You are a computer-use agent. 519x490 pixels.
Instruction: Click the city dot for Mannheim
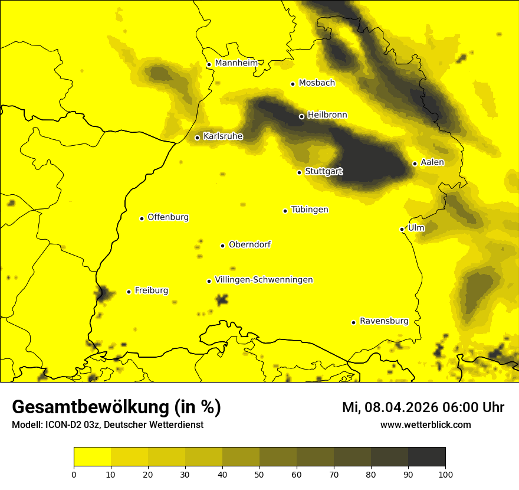coord(209,65)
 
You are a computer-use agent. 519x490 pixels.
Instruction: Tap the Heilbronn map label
coord(327,115)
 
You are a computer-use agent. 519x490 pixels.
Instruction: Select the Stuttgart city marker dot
coord(299,172)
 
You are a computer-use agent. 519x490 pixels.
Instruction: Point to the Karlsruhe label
coord(223,136)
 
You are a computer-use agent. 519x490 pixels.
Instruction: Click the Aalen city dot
coord(415,164)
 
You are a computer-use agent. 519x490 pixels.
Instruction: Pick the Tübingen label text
coord(310,210)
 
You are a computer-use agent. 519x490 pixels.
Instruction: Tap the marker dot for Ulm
coord(402,229)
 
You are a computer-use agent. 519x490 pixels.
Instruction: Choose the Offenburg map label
coord(168,217)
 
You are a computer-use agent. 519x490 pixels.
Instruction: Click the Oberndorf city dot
coord(222,246)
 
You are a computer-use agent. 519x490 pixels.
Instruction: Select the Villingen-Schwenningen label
coord(264,280)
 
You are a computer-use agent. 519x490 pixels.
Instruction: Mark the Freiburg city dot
coord(129,292)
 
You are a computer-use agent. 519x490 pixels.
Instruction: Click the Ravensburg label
coord(384,321)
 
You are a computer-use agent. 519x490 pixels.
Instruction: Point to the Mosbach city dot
coord(293,84)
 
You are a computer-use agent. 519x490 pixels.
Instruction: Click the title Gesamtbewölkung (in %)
coord(116,407)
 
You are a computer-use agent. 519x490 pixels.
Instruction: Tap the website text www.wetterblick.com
coord(425,424)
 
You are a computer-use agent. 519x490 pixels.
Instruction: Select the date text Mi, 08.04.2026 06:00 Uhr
coord(423,407)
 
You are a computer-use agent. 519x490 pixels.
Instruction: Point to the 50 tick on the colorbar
coord(259,473)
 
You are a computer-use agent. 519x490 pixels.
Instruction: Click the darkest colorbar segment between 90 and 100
coord(426,457)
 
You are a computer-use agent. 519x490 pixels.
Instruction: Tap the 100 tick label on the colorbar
coord(445,473)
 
